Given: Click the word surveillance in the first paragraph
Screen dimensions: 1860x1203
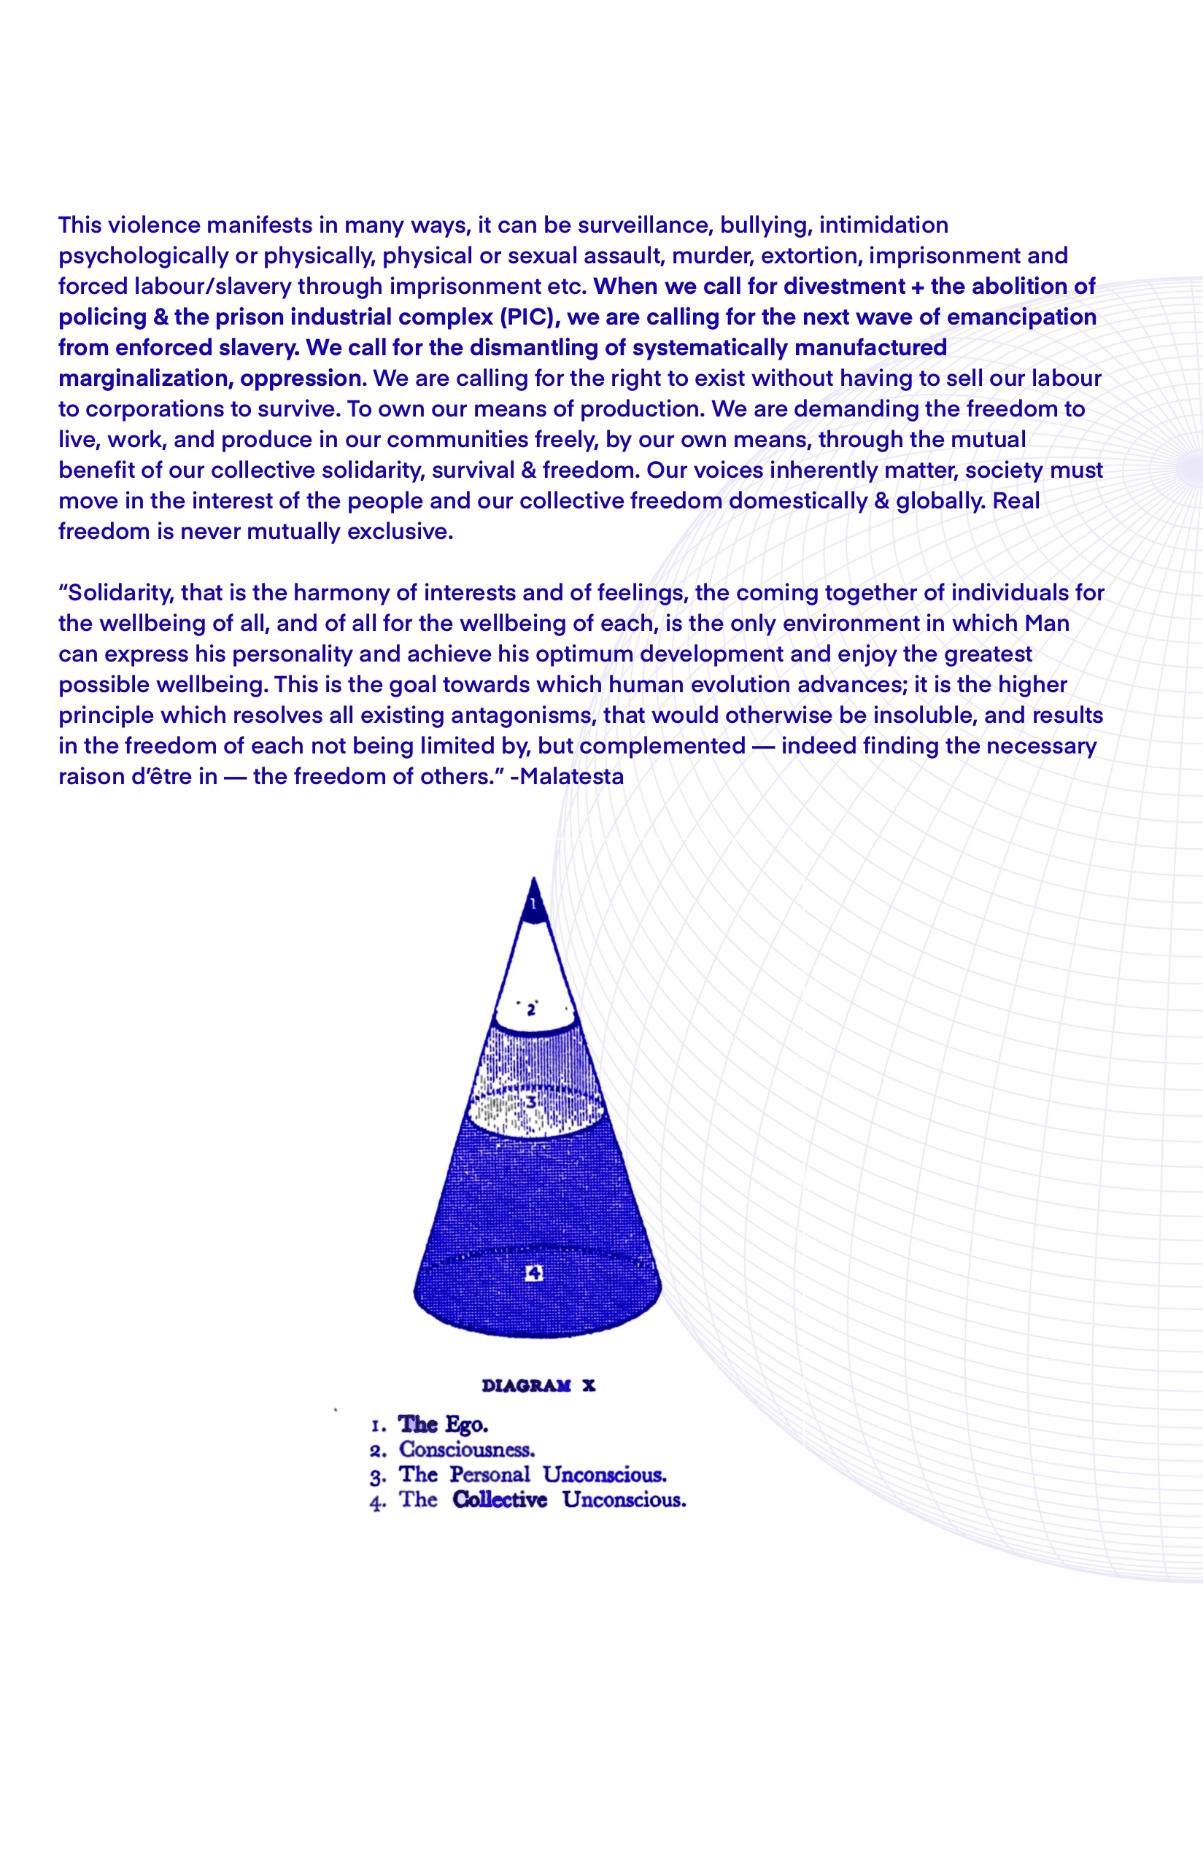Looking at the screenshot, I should (x=644, y=225).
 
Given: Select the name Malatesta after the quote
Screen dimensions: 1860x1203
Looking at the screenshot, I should (x=572, y=776).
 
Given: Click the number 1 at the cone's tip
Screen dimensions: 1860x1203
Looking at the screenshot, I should (x=533, y=904).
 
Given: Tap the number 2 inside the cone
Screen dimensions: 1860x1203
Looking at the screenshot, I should (x=531, y=1010).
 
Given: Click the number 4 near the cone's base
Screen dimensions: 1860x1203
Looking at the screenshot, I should (x=533, y=1274).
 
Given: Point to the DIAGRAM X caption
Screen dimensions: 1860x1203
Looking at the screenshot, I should (x=538, y=1385).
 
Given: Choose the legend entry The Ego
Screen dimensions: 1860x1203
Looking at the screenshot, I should (x=442, y=1425).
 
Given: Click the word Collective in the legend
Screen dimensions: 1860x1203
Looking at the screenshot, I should (x=499, y=1499).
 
